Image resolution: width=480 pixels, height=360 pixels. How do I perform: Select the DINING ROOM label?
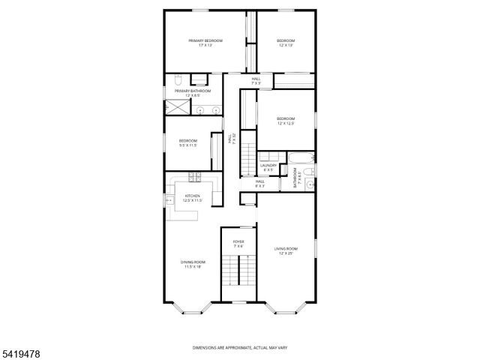pyautogui.click(x=192, y=262)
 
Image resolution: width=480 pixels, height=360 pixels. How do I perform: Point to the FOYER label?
pyautogui.click(x=238, y=241)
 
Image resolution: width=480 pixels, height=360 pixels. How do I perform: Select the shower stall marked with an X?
pyautogui.click(x=175, y=107)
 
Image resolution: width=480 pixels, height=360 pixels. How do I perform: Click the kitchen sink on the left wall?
pyautogui.click(x=169, y=200)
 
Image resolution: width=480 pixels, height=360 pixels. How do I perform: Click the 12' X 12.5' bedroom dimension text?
pyautogui.click(x=286, y=124)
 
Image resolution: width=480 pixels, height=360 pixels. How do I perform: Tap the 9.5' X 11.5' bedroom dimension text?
pyautogui.click(x=187, y=145)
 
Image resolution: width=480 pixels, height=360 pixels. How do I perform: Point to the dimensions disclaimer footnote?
pyautogui.click(x=240, y=347)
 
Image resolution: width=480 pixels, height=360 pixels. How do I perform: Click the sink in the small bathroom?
pyautogui.click(x=310, y=181)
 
